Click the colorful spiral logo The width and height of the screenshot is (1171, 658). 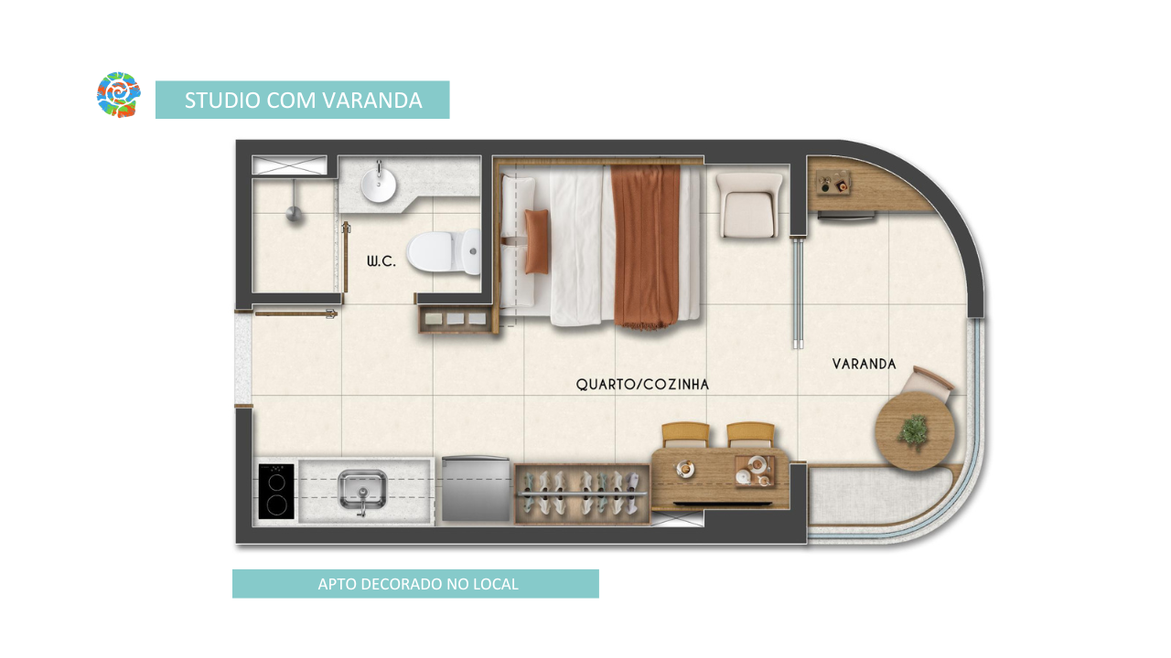(119, 94)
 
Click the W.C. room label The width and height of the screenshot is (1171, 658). (381, 261)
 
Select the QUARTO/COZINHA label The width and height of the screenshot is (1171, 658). (642, 385)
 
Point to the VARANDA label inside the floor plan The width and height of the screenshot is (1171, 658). (865, 364)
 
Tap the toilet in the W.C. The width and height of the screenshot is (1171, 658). (444, 251)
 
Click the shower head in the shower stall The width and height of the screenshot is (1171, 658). (294, 213)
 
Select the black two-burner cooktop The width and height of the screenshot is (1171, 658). (276, 492)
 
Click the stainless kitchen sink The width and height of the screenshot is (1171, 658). (362, 490)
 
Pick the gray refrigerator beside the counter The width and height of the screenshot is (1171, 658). (476, 489)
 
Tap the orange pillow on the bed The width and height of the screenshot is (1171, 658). (537, 242)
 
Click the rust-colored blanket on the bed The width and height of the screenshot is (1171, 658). (647, 247)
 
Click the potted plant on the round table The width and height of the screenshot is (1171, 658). (914, 431)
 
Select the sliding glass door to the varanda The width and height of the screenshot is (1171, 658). (798, 293)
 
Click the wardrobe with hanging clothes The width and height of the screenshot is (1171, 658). (583, 494)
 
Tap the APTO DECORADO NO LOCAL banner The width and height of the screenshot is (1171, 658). (415, 584)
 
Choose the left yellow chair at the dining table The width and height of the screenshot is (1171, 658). (685, 435)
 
